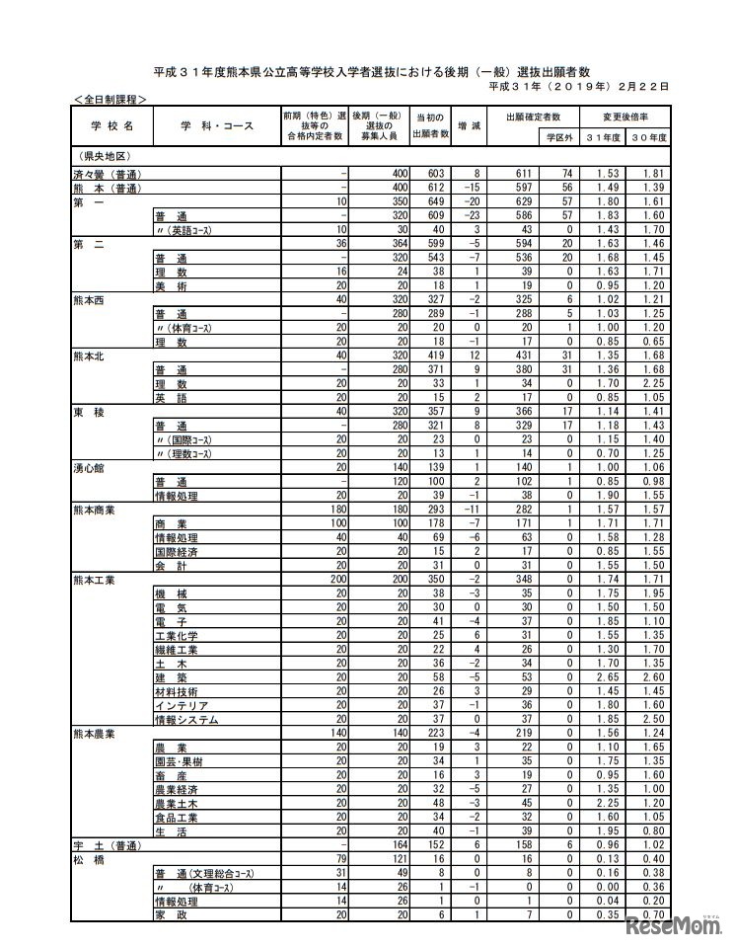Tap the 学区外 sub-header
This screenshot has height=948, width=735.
560,136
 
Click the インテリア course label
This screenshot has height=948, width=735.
181,706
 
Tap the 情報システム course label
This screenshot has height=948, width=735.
185,720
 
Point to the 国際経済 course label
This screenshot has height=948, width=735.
178,551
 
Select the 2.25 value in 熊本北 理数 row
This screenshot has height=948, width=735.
647,383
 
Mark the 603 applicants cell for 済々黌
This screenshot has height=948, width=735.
429,173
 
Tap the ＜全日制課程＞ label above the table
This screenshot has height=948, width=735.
109,100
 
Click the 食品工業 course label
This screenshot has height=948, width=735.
178,819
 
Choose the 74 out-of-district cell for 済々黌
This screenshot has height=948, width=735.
567,173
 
